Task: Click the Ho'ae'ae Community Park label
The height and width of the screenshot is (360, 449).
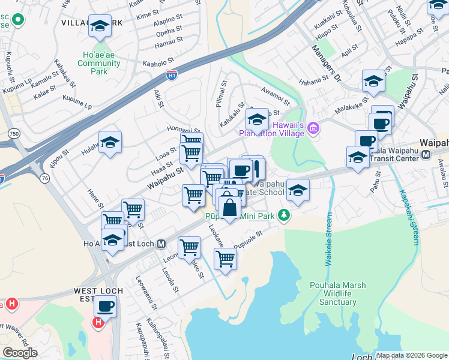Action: [98, 62]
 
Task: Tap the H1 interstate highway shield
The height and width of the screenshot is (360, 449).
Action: [172, 75]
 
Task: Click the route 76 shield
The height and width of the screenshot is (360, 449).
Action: [45, 178]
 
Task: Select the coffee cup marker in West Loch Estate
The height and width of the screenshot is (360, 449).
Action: [106, 306]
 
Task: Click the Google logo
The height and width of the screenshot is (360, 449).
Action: [20, 353]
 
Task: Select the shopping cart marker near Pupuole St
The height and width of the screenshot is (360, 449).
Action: [225, 259]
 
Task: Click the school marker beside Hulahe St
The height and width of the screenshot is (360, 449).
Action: [110, 143]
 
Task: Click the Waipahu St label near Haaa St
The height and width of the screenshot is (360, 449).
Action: [163, 172]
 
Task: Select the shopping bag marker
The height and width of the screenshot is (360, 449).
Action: [229, 208]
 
